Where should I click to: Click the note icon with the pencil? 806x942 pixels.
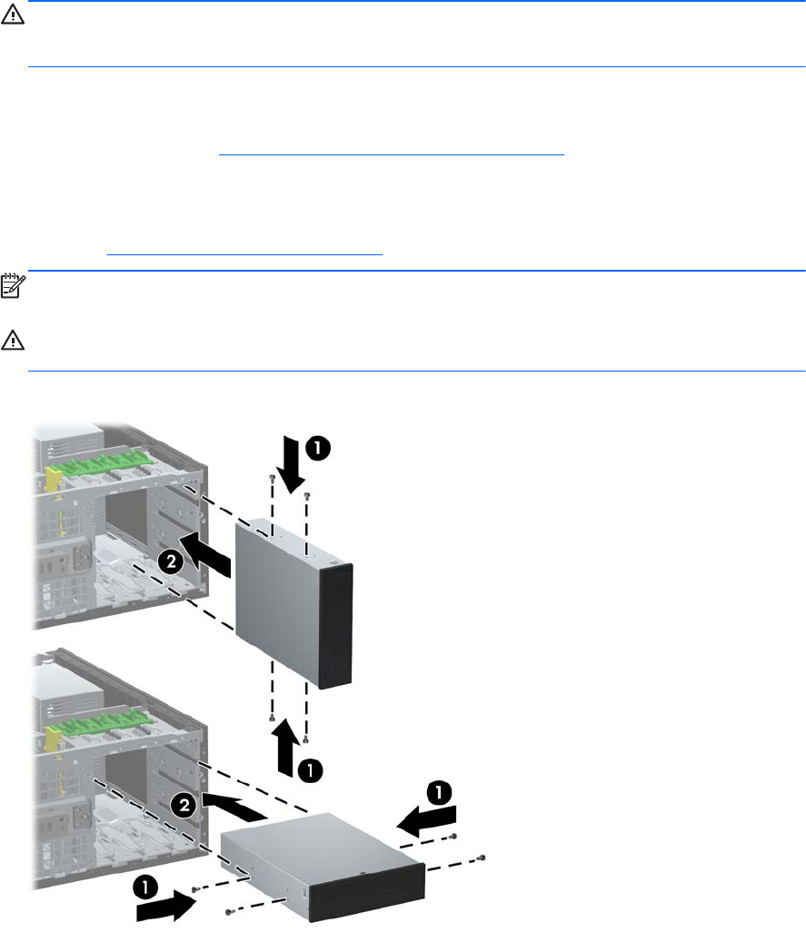[13, 285]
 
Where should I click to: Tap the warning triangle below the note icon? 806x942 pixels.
[13, 340]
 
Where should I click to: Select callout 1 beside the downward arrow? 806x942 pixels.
[318, 448]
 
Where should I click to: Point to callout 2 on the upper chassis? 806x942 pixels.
[172, 561]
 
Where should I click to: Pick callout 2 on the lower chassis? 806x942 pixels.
[184, 805]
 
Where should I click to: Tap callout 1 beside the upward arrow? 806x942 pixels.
[310, 770]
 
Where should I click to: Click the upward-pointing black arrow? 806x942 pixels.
[287, 748]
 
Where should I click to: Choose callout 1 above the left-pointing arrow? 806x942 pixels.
[440, 792]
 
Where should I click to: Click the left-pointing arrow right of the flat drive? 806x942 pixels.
[426, 821]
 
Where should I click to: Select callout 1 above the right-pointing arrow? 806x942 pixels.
[145, 887]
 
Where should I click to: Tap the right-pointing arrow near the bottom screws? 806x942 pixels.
[166, 906]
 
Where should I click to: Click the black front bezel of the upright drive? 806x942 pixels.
[336, 625]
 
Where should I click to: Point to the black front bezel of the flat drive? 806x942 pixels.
[366, 893]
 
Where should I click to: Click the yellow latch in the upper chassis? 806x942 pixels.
[54, 481]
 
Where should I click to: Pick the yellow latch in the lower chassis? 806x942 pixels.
[55, 737]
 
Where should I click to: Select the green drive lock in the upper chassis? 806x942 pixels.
[104, 466]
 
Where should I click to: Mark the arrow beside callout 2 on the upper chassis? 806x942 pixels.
[204, 555]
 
